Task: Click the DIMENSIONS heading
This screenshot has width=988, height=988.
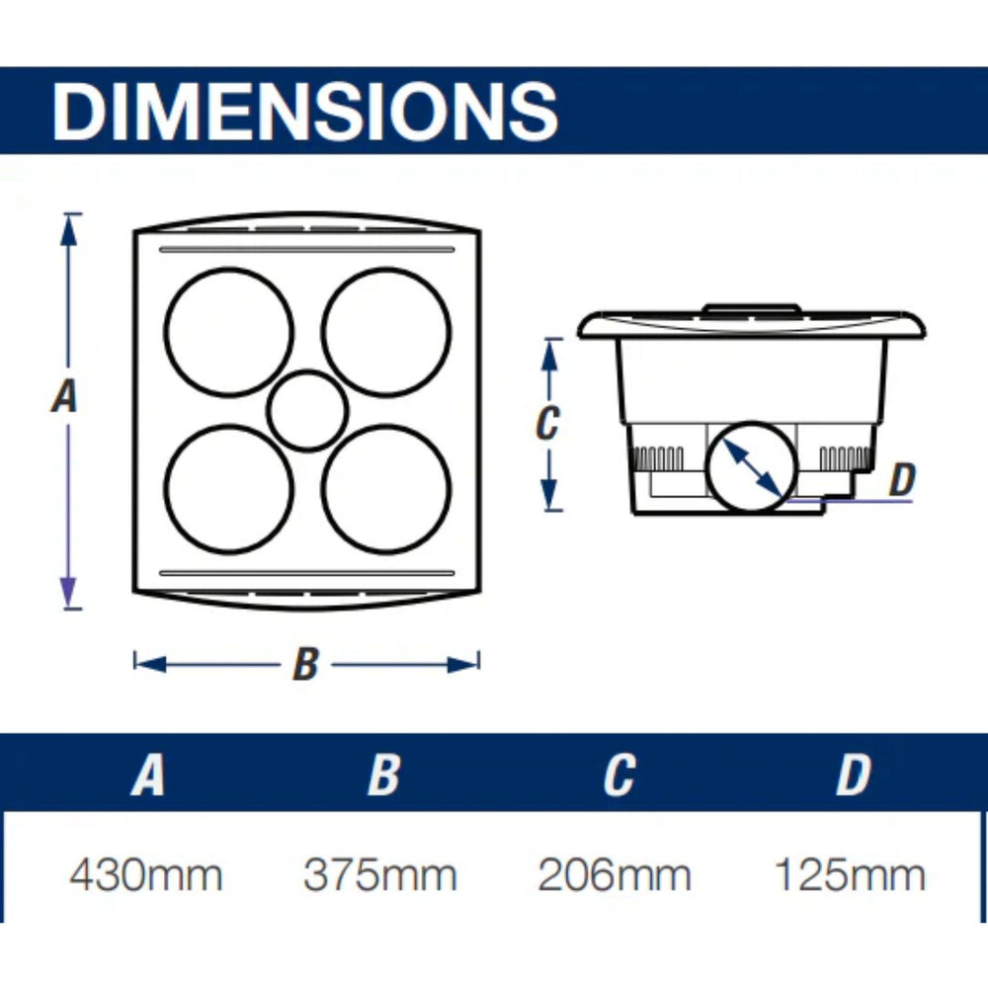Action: [305, 112]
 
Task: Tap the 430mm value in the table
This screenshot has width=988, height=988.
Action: [145, 875]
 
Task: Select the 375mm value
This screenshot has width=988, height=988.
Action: [380, 875]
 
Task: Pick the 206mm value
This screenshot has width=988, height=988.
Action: [615, 875]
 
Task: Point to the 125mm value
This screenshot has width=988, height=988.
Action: [850, 875]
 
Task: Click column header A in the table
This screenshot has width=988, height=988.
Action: [147, 774]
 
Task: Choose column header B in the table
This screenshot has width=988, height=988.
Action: [383, 774]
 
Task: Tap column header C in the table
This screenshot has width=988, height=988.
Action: [618, 774]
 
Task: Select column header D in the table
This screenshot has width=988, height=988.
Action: [854, 774]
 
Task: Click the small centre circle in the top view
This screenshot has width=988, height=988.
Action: [307, 411]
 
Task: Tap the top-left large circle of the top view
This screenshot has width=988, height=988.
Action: [229, 333]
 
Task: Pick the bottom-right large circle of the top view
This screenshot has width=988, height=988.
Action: [386, 490]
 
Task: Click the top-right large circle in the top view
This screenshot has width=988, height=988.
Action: [386, 333]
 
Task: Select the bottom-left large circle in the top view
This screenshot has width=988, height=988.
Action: [229, 490]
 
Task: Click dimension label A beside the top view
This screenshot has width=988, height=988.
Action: [64, 396]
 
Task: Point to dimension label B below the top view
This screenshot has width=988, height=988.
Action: [306, 664]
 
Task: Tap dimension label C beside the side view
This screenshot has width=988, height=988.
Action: [547, 423]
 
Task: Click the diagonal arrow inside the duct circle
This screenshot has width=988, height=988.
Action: [752, 467]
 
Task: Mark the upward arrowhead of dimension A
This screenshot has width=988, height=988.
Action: [69, 230]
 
